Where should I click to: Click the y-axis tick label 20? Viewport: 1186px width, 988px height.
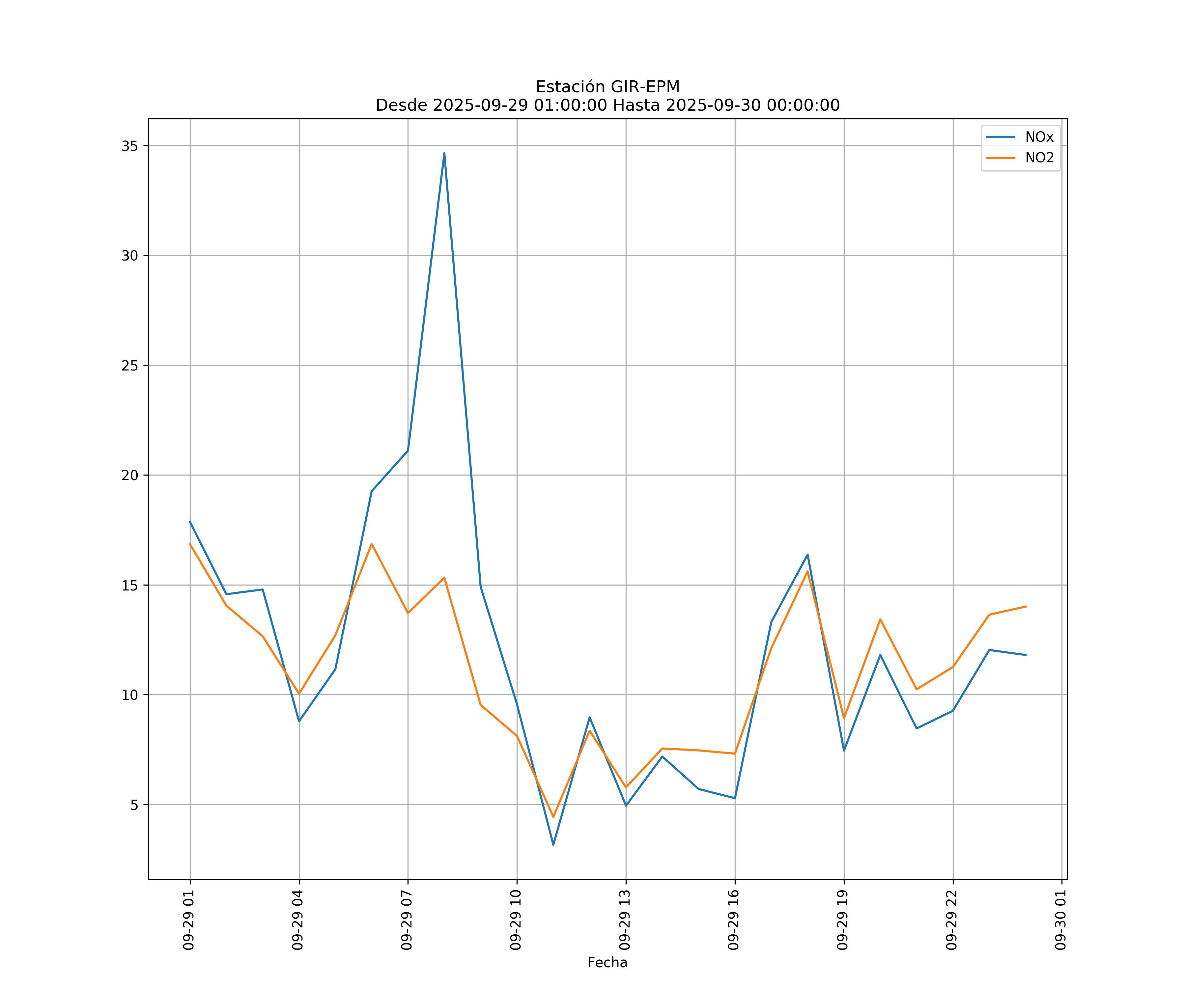coord(130,475)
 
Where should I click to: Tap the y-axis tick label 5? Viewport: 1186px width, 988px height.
coord(134,805)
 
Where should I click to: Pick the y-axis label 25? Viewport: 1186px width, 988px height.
coord(130,365)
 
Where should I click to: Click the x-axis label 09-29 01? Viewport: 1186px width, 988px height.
coord(189,920)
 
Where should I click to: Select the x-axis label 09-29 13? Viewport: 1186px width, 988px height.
coord(625,920)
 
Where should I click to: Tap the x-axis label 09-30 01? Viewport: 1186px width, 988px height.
coord(1060,920)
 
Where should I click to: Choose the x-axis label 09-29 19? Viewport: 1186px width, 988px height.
coord(843,920)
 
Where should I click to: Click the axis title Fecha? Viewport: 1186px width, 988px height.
coord(607,963)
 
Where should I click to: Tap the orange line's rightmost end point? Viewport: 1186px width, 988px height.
coord(1026,606)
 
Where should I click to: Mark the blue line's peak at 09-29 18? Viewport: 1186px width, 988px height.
coord(807,554)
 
